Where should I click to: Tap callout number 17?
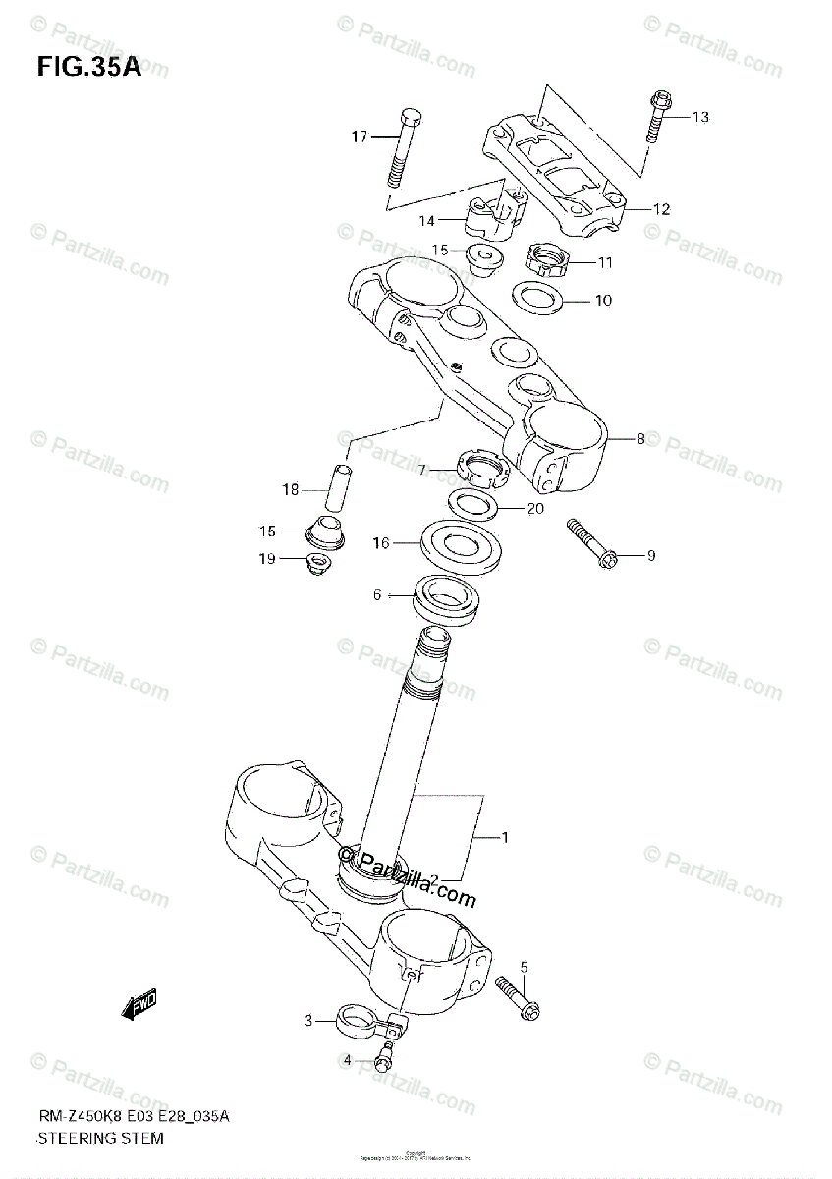360,137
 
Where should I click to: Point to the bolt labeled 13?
657,115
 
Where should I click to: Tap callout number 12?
660,208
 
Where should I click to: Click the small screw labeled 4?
382,1060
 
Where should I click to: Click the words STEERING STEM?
100,1139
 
